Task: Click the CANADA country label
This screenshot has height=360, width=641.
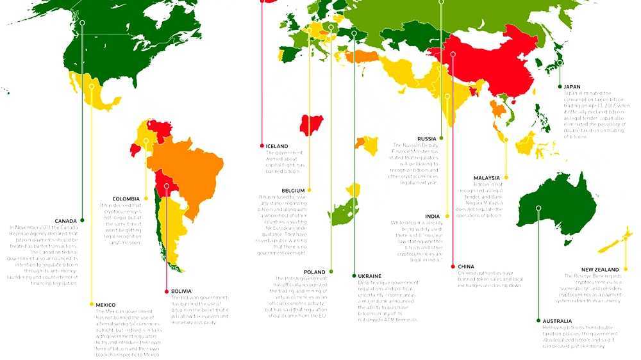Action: tap(66, 220)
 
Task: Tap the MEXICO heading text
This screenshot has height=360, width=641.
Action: tap(105, 304)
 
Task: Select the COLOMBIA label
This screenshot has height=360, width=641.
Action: tap(126, 199)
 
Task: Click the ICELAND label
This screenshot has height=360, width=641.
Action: tap(277, 146)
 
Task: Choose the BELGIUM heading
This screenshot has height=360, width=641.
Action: tap(293, 190)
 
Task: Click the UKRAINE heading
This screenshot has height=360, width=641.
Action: tap(371, 275)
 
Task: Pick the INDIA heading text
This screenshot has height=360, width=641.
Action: tap(432, 217)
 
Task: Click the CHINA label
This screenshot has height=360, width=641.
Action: tap(466, 266)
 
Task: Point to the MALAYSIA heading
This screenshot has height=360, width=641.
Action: tap(487, 177)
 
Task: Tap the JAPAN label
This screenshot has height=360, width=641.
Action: tap(572, 86)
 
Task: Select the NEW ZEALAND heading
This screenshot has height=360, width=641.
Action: tap(600, 270)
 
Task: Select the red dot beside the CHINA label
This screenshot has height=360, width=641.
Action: tap(453, 266)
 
